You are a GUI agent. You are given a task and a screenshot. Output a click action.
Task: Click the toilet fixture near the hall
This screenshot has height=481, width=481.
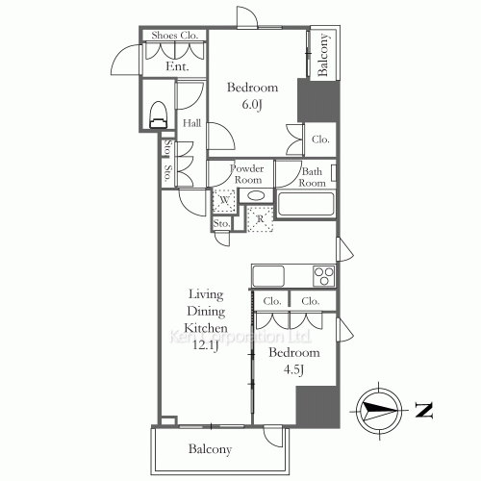[160, 114]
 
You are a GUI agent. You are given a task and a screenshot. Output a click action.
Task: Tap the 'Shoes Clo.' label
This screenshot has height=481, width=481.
[173, 37]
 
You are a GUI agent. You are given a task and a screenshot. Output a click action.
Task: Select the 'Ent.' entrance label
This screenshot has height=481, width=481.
[176, 66]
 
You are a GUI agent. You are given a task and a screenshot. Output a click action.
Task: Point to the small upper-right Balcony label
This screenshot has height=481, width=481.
[325, 54]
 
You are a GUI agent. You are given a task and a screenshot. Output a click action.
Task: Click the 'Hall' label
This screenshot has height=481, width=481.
[191, 123]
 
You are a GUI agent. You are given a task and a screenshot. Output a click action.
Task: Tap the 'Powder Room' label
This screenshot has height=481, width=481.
[246, 173]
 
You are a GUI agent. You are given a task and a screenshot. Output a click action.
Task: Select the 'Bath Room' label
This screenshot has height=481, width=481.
[311, 178]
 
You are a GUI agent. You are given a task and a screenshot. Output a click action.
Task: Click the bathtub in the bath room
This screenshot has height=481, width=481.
[305, 205]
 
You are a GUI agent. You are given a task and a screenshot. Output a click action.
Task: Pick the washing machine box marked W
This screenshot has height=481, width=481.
[223, 201]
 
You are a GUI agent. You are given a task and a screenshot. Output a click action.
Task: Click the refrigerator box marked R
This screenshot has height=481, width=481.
[260, 220]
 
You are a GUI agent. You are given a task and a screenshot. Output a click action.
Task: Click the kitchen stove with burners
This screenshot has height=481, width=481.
[322, 276]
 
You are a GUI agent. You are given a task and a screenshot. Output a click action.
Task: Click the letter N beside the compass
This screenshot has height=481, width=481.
[423, 411]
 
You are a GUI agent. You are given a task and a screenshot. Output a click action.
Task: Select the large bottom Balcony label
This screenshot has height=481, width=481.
[210, 448]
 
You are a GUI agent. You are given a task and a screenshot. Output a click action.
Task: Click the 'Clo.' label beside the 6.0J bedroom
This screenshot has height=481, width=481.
[320, 139]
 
